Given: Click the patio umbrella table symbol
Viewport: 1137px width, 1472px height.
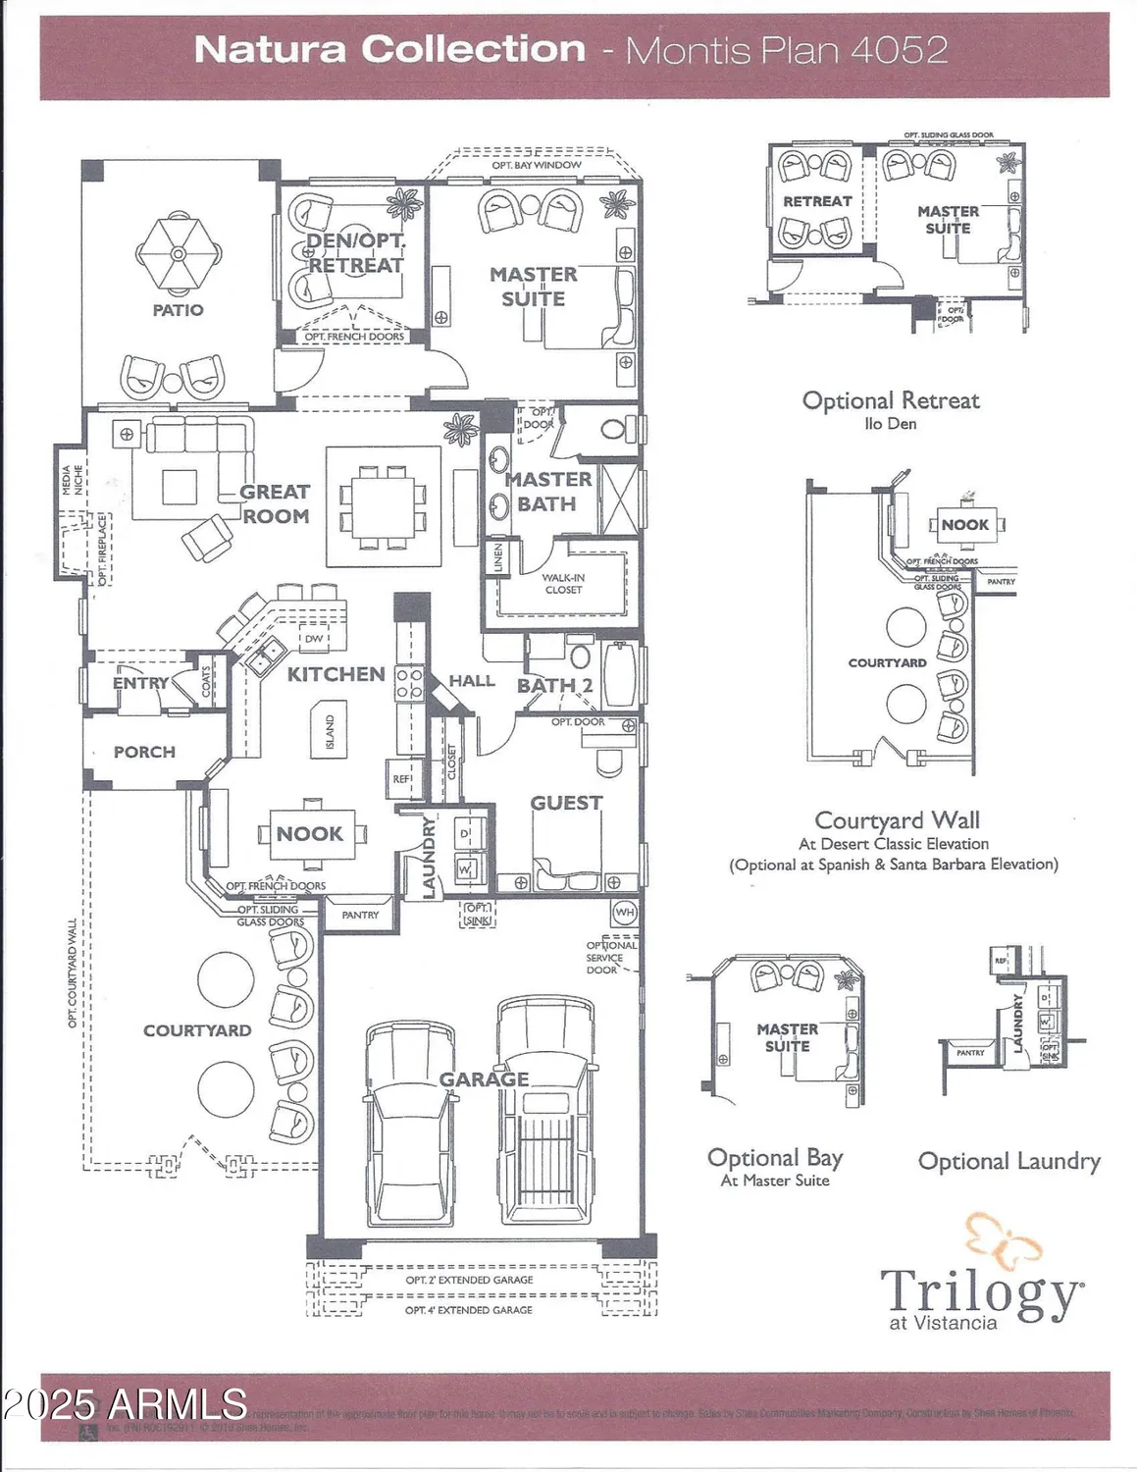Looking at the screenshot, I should point(178,253).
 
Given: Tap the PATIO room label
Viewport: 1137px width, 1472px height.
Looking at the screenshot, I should point(178,310).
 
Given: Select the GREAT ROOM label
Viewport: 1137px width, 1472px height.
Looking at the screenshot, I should point(276,503).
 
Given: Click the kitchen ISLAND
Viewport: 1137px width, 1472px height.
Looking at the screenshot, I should point(330,729).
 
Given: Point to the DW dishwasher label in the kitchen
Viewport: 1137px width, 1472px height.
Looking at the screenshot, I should point(314,639).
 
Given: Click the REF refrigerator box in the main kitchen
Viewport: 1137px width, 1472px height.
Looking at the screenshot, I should point(402,777).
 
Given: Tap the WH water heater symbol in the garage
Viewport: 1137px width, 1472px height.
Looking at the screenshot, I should point(625,913).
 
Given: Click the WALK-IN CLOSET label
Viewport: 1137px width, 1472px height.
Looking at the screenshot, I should point(563,584).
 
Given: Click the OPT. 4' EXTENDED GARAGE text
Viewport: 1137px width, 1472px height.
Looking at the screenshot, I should point(469,1310).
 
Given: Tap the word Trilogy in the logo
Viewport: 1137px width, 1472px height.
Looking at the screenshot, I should point(981,1292).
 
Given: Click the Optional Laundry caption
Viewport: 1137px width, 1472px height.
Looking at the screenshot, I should point(1008,1162).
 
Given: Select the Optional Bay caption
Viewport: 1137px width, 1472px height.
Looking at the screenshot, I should point(775,1158).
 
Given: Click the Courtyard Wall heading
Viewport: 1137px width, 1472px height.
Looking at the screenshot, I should point(897,820).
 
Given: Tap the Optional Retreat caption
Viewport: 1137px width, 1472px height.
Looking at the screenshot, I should point(891,400).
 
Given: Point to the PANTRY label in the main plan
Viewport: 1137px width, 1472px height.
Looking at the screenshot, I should point(360,915).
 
